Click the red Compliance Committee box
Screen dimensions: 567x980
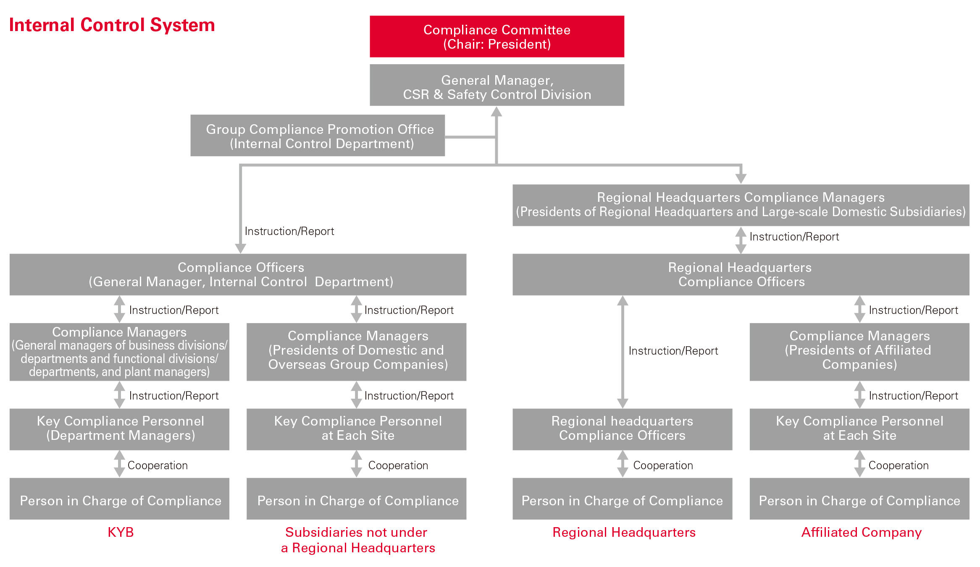tap(497, 37)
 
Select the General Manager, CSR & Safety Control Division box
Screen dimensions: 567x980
tap(497, 85)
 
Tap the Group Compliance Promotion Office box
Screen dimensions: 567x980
tap(318, 136)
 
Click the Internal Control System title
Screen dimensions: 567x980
tap(112, 25)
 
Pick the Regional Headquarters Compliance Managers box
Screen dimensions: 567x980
tap(741, 205)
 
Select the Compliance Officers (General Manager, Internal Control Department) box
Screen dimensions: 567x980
tap(238, 274)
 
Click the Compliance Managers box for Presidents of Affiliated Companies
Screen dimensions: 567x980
tap(859, 352)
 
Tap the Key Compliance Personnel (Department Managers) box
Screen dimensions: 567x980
tap(119, 429)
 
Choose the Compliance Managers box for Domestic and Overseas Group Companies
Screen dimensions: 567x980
tap(356, 352)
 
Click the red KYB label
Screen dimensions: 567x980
tap(121, 532)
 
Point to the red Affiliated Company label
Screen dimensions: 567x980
tap(861, 532)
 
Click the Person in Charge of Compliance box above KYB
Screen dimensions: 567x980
tap(119, 499)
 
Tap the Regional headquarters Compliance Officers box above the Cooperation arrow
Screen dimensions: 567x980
tap(622, 429)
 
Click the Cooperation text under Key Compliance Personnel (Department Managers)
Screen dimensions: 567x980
tap(158, 465)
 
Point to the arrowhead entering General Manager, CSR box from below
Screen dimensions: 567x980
tap(497, 112)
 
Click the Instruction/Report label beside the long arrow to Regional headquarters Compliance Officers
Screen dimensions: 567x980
tap(673, 351)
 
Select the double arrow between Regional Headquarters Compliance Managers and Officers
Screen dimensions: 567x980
tap(741, 240)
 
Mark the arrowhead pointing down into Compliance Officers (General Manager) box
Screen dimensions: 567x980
tap(240, 248)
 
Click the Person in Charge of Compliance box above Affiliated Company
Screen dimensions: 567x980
tap(859, 499)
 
